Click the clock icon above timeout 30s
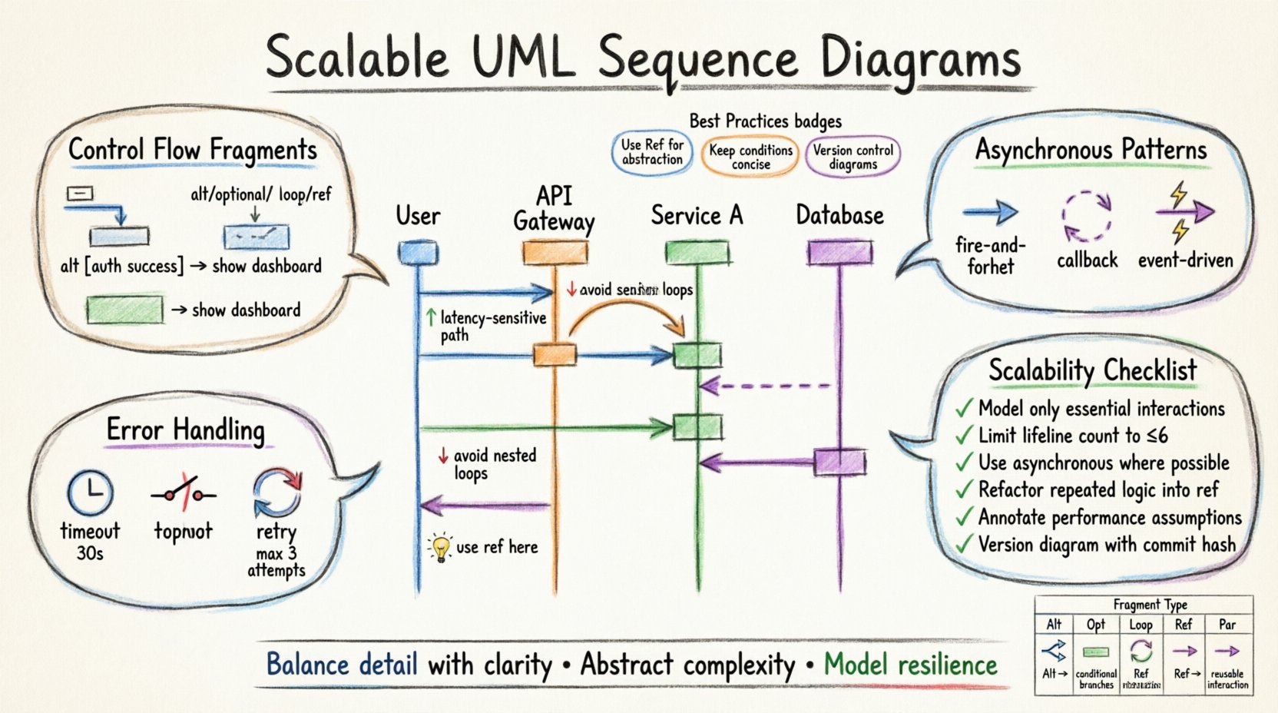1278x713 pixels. (x=90, y=492)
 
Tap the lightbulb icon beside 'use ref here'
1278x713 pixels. (x=440, y=548)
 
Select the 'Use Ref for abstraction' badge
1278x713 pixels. (x=652, y=152)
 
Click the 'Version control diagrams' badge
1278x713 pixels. (x=853, y=157)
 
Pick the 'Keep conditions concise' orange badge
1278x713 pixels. (x=750, y=157)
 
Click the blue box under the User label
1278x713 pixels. (x=418, y=253)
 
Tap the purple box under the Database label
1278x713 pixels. (x=839, y=252)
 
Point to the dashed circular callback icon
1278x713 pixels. (x=1087, y=216)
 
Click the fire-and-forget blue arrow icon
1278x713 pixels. (x=990, y=212)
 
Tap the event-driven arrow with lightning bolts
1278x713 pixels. (x=1184, y=211)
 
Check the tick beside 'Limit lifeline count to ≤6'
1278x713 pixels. (x=964, y=436)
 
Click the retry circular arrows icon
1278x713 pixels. (x=277, y=492)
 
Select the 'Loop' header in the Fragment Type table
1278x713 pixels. (x=1141, y=625)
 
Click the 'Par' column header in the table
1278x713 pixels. (x=1227, y=625)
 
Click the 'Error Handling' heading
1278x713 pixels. (x=185, y=430)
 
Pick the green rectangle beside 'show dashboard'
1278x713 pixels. (x=124, y=310)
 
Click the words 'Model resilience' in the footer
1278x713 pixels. (x=910, y=665)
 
